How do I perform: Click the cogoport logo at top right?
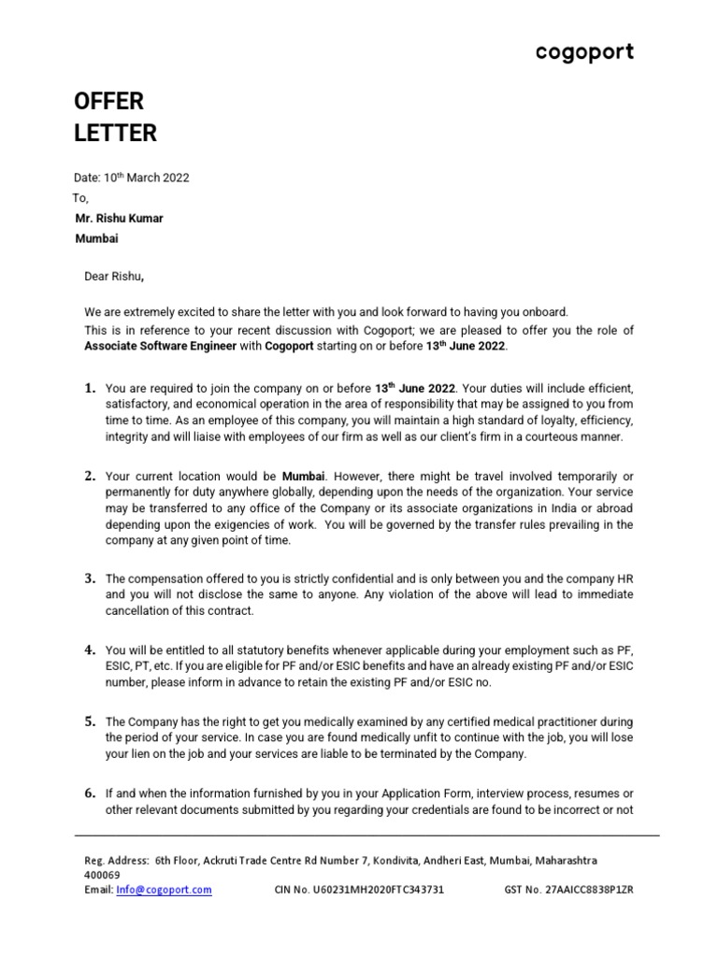pyautogui.click(x=584, y=53)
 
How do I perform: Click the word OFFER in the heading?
pyautogui.click(x=109, y=101)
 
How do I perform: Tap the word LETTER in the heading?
pyautogui.click(x=116, y=134)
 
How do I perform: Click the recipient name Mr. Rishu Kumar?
pyautogui.click(x=119, y=219)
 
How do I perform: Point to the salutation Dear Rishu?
pyautogui.click(x=114, y=276)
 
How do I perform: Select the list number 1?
pyautogui.click(x=91, y=388)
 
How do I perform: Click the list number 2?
pyautogui.click(x=91, y=476)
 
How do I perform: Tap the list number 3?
pyautogui.click(x=91, y=578)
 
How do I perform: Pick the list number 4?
pyautogui.click(x=91, y=650)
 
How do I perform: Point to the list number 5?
pyautogui.click(x=91, y=721)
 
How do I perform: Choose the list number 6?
pyautogui.click(x=91, y=793)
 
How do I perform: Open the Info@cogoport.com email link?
pyautogui.click(x=164, y=890)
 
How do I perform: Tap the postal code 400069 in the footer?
pyautogui.click(x=102, y=875)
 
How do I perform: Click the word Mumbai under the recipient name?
pyautogui.click(x=96, y=239)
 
